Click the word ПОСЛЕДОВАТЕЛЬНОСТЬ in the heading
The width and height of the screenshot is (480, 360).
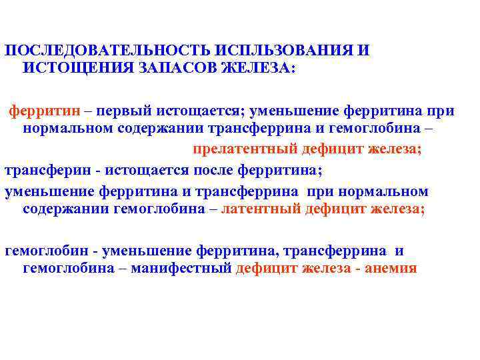click(x=107, y=51)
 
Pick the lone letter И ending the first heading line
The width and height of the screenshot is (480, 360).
click(x=363, y=51)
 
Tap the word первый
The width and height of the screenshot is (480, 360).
click(x=117, y=110)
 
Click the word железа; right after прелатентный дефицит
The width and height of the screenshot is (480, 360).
click(x=395, y=148)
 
